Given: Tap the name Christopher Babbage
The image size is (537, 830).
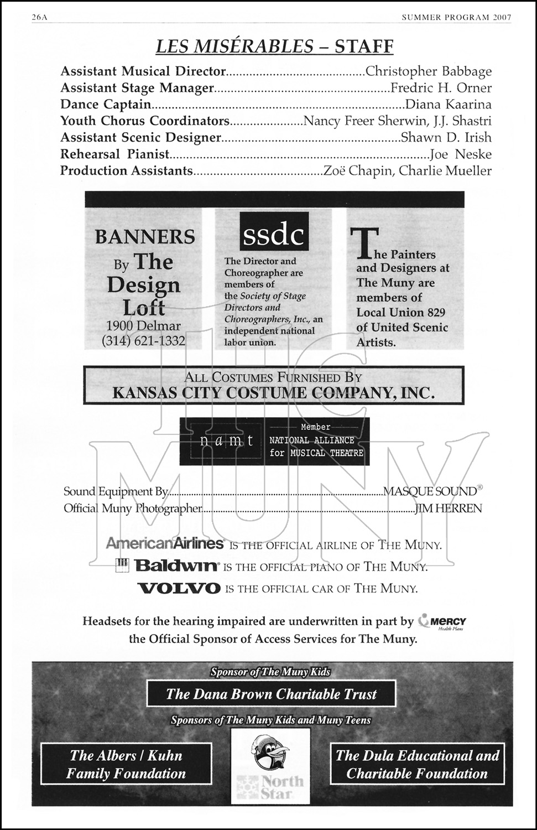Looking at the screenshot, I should pyautogui.click(x=429, y=71).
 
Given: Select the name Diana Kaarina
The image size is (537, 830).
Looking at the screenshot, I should pyautogui.click(x=448, y=105).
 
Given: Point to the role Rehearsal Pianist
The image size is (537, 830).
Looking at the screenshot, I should pyautogui.click(x=114, y=154).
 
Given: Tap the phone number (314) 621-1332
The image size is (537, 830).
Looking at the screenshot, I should pyautogui.click(x=143, y=341).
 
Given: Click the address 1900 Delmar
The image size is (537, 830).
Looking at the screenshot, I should pyautogui.click(x=143, y=326).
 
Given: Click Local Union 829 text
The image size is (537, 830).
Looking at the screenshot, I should pyautogui.click(x=400, y=312).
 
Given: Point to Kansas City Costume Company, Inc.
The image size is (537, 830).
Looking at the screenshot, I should pyautogui.click(x=273, y=393).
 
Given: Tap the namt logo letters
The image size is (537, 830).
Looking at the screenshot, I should pyautogui.click(x=227, y=441).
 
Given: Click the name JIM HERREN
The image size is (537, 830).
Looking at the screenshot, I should pyautogui.click(x=449, y=508).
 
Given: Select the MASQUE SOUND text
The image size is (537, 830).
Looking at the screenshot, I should pyautogui.click(x=430, y=491).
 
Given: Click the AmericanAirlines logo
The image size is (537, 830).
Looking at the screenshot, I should pyautogui.click(x=165, y=543).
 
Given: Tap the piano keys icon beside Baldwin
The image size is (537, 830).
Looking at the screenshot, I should pyautogui.click(x=122, y=565).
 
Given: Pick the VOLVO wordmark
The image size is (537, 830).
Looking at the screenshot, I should pyautogui.click(x=179, y=588).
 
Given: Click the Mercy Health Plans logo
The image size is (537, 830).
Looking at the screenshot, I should pyautogui.click(x=442, y=622).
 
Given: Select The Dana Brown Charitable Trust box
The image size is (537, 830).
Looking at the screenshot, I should pyautogui.click(x=271, y=694).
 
